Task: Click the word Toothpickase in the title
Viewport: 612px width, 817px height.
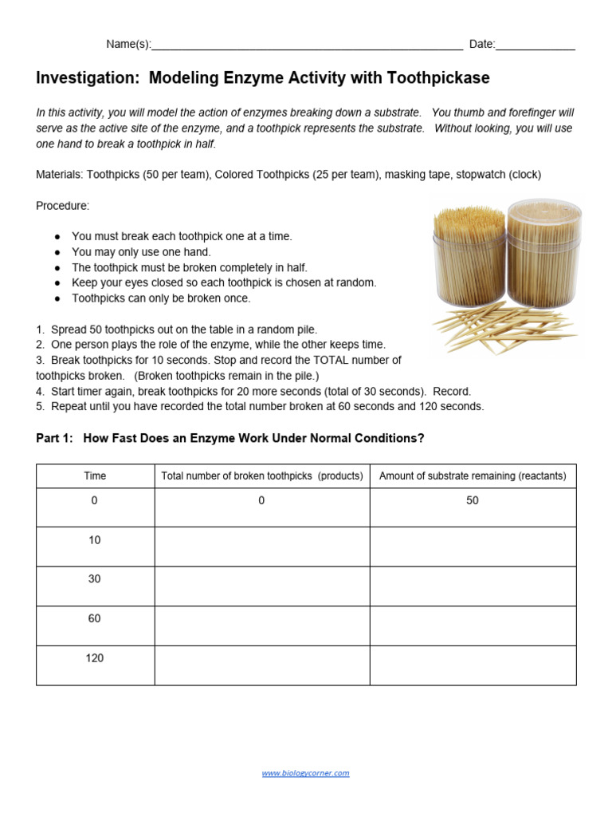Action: tap(438, 78)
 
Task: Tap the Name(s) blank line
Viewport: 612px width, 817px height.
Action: tap(307, 46)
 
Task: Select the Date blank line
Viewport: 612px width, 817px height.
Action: tap(535, 46)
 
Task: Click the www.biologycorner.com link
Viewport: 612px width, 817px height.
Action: tap(305, 773)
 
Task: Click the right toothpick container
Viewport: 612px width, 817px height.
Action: tap(546, 254)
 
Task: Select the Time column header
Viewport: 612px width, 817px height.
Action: tap(95, 476)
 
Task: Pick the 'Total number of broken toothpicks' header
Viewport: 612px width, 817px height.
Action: tap(262, 476)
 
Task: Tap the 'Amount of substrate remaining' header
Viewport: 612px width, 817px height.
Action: tap(473, 476)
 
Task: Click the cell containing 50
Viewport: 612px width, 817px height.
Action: tap(473, 501)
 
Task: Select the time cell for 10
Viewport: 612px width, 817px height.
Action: tap(95, 541)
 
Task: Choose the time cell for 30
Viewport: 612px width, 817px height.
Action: tap(95, 580)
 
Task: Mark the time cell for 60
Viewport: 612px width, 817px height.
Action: tap(95, 619)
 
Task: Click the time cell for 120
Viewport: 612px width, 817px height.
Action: tap(95, 659)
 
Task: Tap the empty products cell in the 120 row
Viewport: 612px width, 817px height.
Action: tap(262, 665)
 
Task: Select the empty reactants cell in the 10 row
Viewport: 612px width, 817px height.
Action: tap(473, 547)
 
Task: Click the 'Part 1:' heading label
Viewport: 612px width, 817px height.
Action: tap(55, 438)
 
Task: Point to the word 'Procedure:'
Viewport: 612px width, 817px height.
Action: tap(63, 206)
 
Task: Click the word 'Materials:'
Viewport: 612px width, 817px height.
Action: tap(60, 175)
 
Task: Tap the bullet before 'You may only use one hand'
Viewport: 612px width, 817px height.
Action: tap(57, 252)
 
